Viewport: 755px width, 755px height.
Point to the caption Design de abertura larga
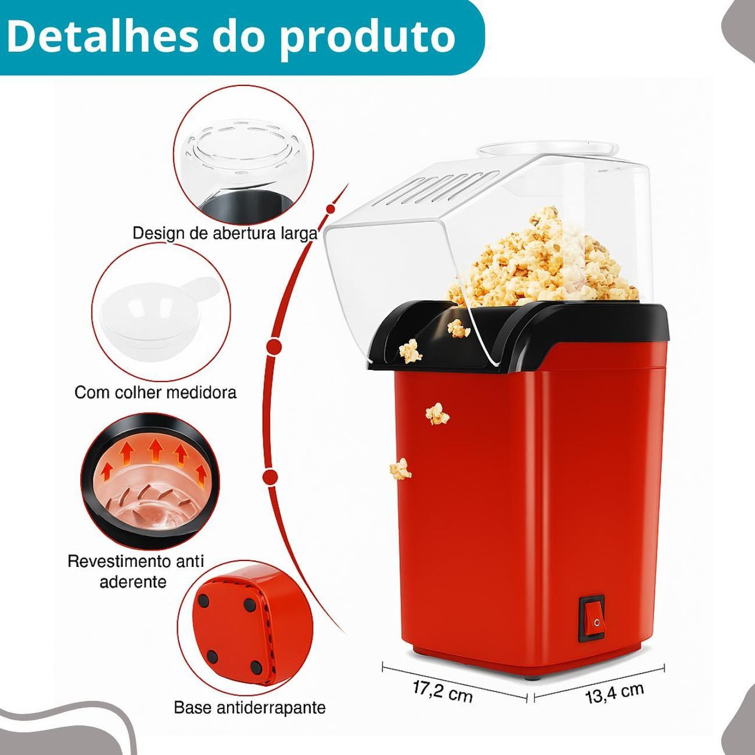[x=225, y=233]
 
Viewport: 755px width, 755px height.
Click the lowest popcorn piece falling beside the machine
[x=400, y=469]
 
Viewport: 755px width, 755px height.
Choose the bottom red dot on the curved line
[x=270, y=478]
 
